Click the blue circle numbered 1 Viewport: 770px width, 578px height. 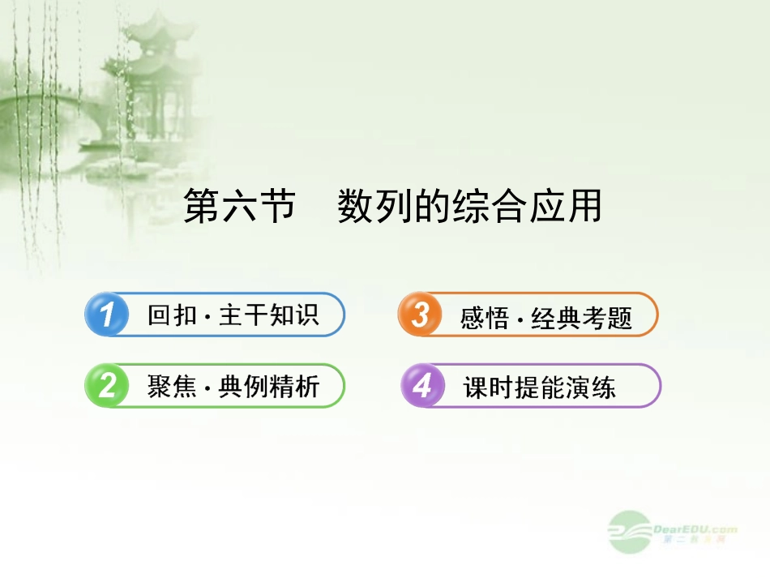click(106, 315)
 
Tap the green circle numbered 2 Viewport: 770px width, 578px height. click(106, 386)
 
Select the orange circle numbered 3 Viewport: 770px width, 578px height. click(420, 315)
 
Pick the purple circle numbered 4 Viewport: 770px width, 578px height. click(422, 386)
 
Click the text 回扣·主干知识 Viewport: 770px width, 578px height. click(233, 315)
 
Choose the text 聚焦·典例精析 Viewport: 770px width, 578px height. click(233, 387)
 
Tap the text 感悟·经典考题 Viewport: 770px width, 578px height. click(546, 316)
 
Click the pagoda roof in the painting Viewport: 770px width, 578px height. click(149, 41)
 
